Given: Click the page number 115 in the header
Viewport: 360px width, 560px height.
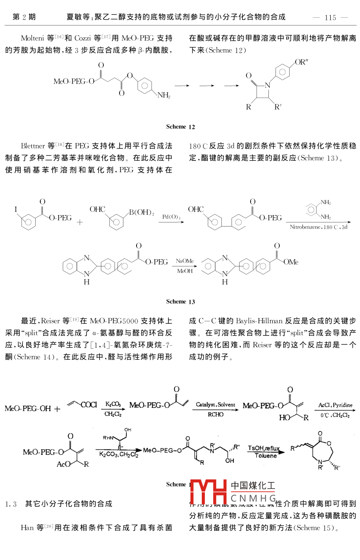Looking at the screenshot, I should tap(330, 17).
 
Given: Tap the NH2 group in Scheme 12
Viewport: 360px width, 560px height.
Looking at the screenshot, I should tap(164, 96).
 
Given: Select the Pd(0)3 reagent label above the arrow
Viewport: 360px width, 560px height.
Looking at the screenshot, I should tap(171, 217).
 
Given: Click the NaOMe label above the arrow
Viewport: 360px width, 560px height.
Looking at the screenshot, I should tap(185, 260).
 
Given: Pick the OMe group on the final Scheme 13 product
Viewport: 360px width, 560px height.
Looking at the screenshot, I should tap(291, 262).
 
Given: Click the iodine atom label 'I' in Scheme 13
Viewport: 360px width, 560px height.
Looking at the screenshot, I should tap(16, 209).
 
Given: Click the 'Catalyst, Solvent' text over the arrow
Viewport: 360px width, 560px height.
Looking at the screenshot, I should tap(215, 405).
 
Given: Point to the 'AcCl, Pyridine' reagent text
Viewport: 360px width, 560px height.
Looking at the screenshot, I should tap(335, 405).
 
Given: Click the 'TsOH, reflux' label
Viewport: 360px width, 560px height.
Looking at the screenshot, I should tap(264, 448).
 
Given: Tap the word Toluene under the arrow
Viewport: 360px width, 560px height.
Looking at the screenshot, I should tap(266, 456).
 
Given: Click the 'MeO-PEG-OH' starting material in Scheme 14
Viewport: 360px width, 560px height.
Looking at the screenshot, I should tap(28, 409).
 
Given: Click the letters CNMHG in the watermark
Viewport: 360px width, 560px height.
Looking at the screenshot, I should tap(253, 498).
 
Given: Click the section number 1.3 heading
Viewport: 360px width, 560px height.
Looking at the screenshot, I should tap(11, 504).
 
